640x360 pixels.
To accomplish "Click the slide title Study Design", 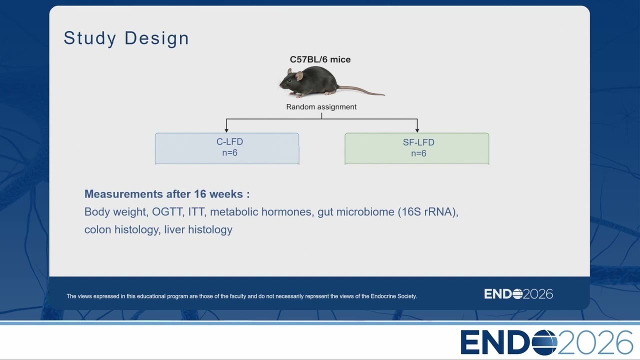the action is (126, 38).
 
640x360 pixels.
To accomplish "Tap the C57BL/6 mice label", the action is (320, 59).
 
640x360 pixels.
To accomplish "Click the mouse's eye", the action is (289, 80).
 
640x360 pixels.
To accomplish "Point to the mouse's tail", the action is (361, 90).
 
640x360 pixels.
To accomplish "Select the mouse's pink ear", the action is (299, 75).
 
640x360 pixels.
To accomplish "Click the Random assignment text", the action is (321, 107).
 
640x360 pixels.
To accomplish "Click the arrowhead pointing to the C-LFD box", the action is (226, 130).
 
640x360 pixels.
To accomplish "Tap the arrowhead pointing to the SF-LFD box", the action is (417, 130).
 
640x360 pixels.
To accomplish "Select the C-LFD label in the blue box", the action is (229, 141).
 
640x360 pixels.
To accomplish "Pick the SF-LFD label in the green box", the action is (418, 142).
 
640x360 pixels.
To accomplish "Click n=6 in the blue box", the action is (229, 153).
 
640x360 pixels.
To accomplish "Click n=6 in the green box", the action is (418, 153).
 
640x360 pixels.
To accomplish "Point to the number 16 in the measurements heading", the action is (200, 194).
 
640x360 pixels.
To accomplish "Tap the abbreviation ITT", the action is (196, 212).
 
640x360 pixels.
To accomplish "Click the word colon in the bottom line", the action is (97, 229).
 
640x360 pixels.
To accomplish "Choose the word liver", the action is (174, 229).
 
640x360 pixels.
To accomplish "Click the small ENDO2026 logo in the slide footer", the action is (518, 294).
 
